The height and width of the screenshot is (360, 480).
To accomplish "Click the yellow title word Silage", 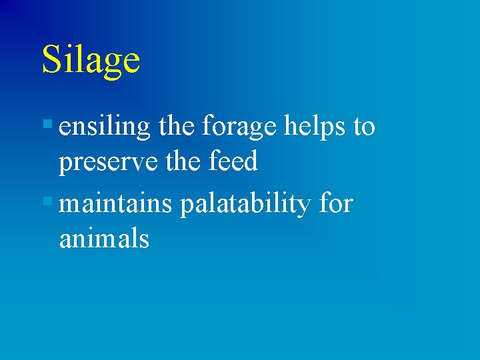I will point(91,60).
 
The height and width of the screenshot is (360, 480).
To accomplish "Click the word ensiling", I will point(105,127).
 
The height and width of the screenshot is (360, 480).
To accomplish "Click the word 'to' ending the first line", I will point(364,127).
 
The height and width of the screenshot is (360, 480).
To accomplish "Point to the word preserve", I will point(108,163).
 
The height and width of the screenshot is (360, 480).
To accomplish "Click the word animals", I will point(104,239).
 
